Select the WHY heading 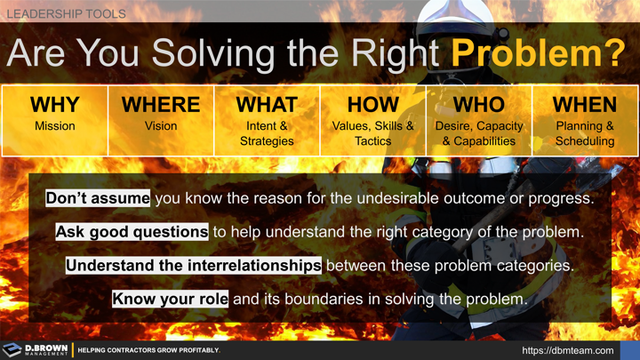[x=54, y=105]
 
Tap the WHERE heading [x=161, y=105]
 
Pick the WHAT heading [x=267, y=105]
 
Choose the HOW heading [x=372, y=105]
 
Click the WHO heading [x=478, y=105]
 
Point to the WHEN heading [x=584, y=105]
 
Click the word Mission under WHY [x=54, y=126]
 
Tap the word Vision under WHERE [x=161, y=126]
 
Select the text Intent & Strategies [x=267, y=133]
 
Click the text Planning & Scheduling [x=584, y=133]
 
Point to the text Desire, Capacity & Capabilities [x=478, y=133]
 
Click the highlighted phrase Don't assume [x=98, y=197]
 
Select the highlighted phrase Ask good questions [x=132, y=231]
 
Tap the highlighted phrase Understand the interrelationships [x=194, y=265]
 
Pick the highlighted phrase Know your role [x=170, y=299]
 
